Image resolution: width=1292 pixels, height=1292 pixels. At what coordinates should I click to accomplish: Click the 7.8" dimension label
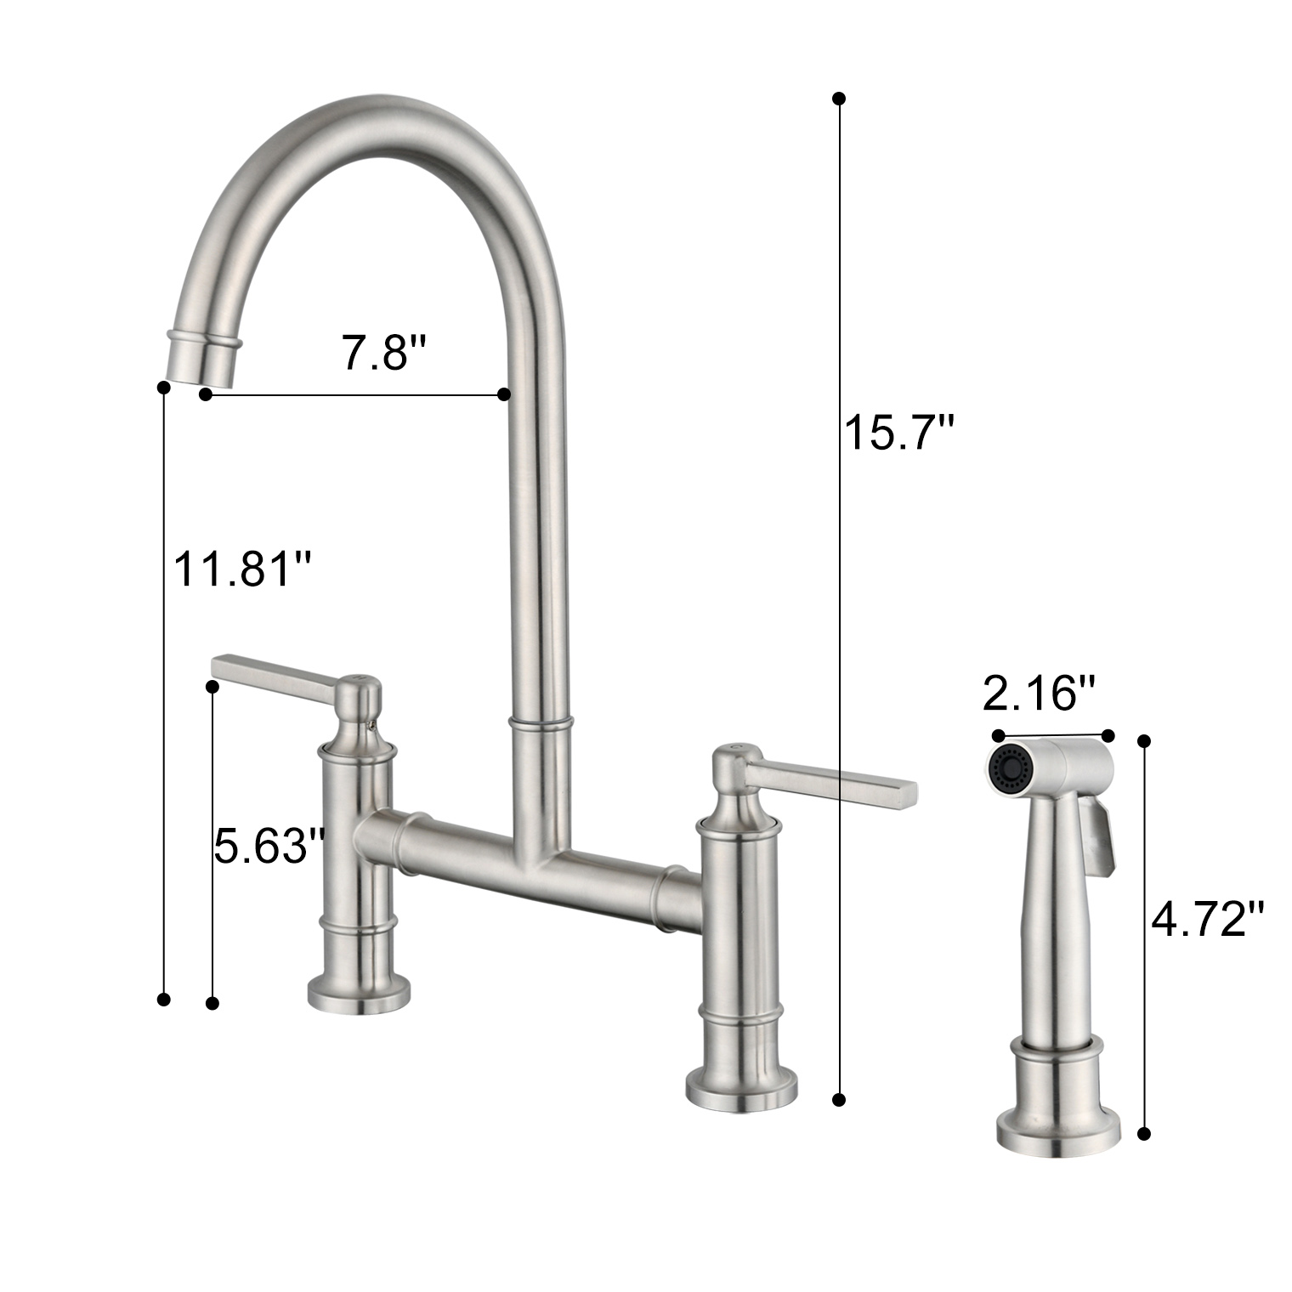coord(382,352)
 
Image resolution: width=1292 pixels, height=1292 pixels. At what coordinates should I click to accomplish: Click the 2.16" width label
coord(1039,694)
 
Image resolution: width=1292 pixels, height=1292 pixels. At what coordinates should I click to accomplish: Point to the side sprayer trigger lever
coord(1101,841)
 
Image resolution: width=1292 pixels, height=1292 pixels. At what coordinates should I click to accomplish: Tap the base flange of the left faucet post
coord(358,994)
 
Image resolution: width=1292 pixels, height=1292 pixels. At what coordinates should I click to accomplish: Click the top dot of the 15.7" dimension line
coord(839,99)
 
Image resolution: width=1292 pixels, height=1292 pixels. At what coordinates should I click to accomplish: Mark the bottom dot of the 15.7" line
coord(839,1099)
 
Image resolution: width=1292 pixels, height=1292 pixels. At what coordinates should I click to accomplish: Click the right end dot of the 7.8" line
coord(503,394)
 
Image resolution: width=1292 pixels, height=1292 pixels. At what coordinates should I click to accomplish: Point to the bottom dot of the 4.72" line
coord(1144,1133)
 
